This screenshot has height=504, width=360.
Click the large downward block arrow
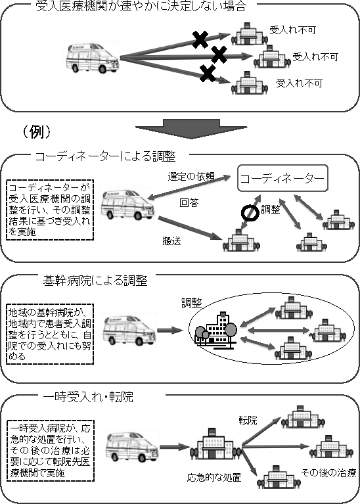pyautogui.click(x=191, y=129)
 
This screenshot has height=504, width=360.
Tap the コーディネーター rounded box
pyautogui.click(x=282, y=178)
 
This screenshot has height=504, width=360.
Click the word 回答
pyautogui.click(x=189, y=203)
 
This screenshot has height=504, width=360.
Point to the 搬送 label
pyautogui.click(x=172, y=241)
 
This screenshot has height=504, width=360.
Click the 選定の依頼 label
pyautogui.click(x=191, y=177)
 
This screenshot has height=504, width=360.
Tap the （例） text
pyautogui.click(x=36, y=132)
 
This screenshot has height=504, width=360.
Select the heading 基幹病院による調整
pyautogui.click(x=95, y=281)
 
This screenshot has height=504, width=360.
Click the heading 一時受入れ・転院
pyautogui.click(x=88, y=397)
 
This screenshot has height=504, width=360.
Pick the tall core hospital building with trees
pyautogui.click(x=215, y=331)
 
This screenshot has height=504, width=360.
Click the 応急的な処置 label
pyautogui.click(x=214, y=478)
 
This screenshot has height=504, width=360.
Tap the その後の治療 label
pyautogui.click(x=328, y=473)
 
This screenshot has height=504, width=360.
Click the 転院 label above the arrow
pyautogui.click(x=248, y=420)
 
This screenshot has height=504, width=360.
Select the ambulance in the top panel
pyautogui.click(x=93, y=58)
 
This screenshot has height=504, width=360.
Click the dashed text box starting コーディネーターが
pyautogui.click(x=50, y=210)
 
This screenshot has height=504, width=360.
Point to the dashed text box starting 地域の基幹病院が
pyautogui.click(x=50, y=334)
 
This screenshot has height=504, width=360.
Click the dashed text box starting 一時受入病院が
pyautogui.click(x=50, y=451)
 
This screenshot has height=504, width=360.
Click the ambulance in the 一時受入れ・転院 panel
pyautogui.click(x=133, y=448)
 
